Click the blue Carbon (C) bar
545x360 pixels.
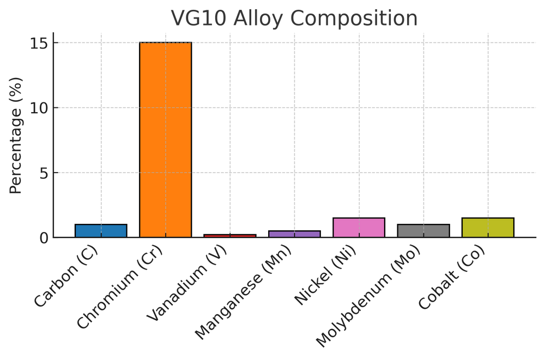(101, 231)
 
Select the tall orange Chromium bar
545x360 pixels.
(166, 139)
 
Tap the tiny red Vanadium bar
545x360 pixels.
(230, 236)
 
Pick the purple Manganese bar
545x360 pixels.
(294, 234)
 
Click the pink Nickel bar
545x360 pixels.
(359, 228)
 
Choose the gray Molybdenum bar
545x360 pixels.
(423, 231)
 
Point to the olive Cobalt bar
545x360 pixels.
(488, 228)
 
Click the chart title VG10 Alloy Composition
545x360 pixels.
(294, 18)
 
